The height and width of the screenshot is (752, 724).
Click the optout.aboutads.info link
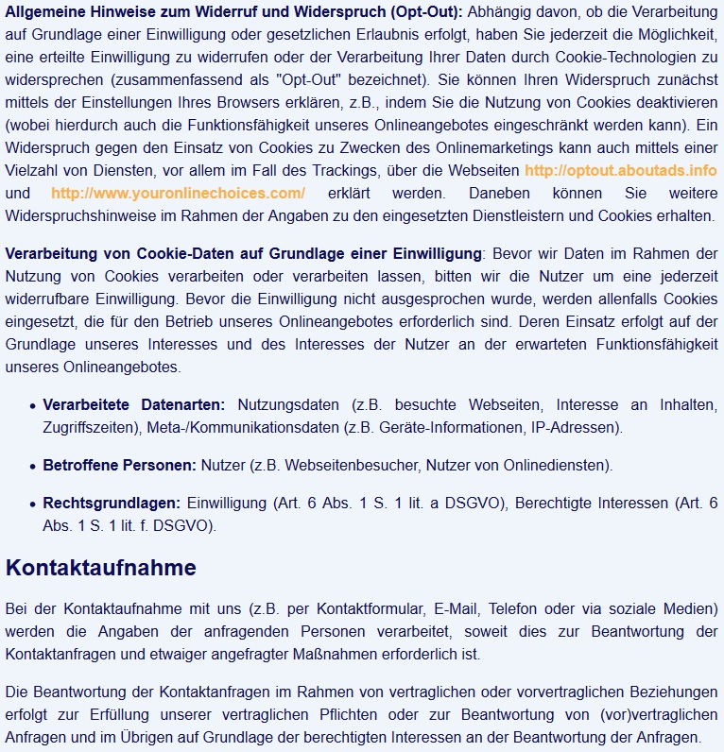(x=620, y=170)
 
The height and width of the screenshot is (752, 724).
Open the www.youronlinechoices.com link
(x=178, y=193)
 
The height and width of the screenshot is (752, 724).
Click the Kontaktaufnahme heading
(x=101, y=568)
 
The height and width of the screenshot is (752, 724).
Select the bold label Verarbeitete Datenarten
(x=134, y=405)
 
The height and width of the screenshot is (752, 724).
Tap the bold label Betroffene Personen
(x=119, y=465)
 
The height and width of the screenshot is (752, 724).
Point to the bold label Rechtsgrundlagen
(x=111, y=503)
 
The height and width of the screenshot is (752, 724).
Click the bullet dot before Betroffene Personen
(x=33, y=466)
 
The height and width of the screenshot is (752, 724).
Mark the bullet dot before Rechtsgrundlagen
(x=33, y=504)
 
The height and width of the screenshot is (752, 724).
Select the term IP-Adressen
(x=576, y=428)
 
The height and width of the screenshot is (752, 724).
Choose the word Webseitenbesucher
(x=349, y=465)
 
